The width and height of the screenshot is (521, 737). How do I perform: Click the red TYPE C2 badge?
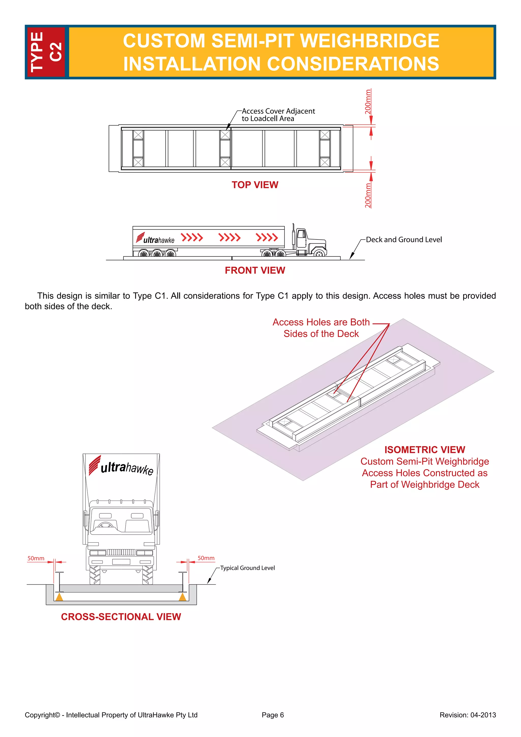click(x=46, y=52)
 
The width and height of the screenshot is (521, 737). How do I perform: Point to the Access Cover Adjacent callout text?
click(x=278, y=115)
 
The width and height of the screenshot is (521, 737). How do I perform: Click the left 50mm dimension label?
click(x=36, y=558)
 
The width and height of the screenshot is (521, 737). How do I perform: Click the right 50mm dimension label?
click(x=206, y=558)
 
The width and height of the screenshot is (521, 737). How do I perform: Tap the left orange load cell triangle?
click(x=59, y=597)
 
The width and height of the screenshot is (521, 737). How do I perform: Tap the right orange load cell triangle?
click(x=183, y=597)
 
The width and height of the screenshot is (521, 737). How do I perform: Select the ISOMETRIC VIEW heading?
click(x=424, y=450)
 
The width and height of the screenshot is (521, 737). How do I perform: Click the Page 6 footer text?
click(x=273, y=715)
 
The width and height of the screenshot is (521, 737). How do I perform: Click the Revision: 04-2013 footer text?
click(x=467, y=715)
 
